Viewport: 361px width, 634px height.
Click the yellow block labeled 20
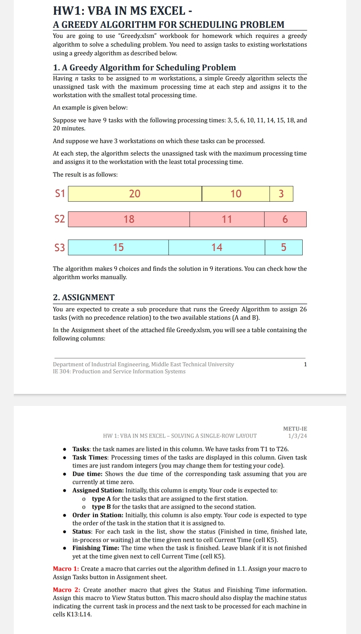click(135, 194)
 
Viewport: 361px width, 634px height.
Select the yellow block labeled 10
click(236, 194)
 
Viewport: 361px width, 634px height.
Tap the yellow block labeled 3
click(281, 194)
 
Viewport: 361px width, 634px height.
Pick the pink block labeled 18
click(129, 219)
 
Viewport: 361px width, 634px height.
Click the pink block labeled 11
click(227, 219)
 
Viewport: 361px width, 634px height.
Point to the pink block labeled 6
click(285, 219)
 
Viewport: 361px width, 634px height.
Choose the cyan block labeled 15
click(118, 247)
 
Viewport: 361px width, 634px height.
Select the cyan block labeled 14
click(217, 247)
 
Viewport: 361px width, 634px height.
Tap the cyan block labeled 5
click(284, 247)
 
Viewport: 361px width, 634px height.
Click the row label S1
click(60, 193)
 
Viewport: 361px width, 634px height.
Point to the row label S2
click(60, 219)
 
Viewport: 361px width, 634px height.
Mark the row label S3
click(60, 247)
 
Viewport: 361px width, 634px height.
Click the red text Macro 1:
click(66, 569)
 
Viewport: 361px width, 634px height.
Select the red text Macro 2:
click(67, 590)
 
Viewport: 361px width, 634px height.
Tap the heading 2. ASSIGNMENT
click(84, 298)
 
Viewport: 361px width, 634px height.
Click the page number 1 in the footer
click(305, 364)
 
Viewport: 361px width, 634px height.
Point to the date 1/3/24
click(297, 436)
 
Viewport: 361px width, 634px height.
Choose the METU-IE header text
click(295, 429)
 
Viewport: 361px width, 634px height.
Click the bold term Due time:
click(87, 474)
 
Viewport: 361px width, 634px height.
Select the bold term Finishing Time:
click(96, 548)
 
